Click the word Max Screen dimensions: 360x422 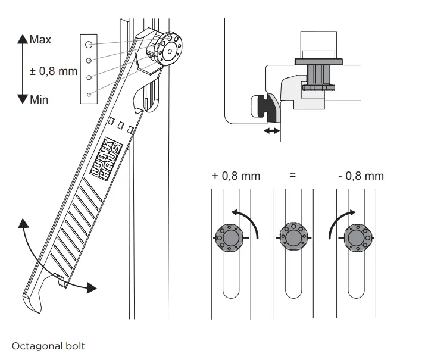point(40,40)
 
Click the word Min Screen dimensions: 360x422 point(39,99)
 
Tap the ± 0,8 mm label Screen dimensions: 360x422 point(53,71)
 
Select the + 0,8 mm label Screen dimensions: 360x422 point(236,176)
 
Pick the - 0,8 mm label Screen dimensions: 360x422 point(360,176)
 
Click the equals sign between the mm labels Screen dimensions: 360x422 point(292,176)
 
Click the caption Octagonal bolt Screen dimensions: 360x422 point(48,346)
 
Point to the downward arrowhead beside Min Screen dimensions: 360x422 point(23,99)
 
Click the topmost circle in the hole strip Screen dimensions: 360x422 point(88,45)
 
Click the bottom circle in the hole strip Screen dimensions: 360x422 point(88,94)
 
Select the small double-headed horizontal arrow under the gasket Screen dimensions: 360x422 point(271,130)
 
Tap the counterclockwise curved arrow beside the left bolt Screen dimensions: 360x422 point(250,220)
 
